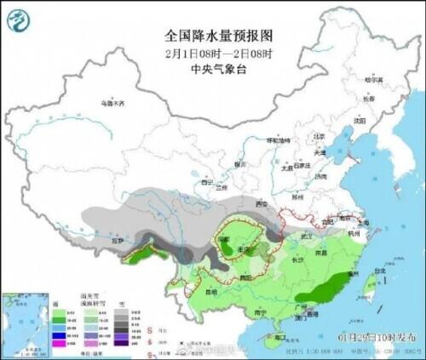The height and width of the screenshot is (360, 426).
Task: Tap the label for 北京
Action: tap(319, 135)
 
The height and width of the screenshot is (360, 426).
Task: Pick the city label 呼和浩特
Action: tap(278, 140)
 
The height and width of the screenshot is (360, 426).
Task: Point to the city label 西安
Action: tap(262, 204)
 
